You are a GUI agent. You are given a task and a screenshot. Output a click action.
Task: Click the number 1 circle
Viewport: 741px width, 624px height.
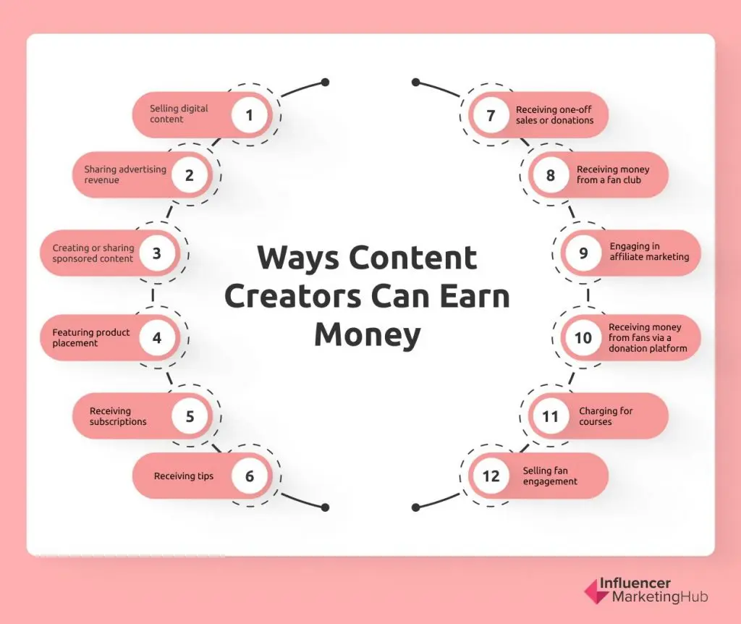coord(250,115)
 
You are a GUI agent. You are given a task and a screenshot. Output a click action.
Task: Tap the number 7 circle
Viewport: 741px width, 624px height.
coord(491,115)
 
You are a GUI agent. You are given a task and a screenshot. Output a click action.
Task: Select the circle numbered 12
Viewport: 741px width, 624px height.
coord(491,476)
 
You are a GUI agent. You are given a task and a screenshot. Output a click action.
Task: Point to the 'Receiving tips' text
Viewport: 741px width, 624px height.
coord(184,476)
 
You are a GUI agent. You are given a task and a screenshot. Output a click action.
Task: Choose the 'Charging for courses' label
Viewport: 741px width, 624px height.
coord(606,416)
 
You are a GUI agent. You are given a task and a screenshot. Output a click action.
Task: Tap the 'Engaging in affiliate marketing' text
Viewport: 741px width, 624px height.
coord(649,251)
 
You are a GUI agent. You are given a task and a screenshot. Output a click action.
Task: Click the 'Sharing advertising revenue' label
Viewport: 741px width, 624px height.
coord(125,174)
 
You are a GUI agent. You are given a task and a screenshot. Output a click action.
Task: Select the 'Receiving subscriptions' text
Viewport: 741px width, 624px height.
coord(118,416)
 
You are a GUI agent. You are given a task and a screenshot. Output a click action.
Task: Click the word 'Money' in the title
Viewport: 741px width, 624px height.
coord(367,334)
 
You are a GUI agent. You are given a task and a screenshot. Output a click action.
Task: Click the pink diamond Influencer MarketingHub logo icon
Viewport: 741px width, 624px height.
coord(596,591)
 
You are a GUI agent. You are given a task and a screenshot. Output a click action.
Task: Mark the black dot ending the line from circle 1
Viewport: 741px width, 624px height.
coord(325,82)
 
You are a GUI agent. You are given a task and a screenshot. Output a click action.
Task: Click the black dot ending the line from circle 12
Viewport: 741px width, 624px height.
coord(415,507)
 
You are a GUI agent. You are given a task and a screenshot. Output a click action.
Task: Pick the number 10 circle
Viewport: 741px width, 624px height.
coord(583,338)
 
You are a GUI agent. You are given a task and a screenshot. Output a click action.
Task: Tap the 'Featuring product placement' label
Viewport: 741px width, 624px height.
coord(91,337)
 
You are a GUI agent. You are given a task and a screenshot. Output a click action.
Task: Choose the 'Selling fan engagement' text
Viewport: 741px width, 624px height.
coord(550,476)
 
